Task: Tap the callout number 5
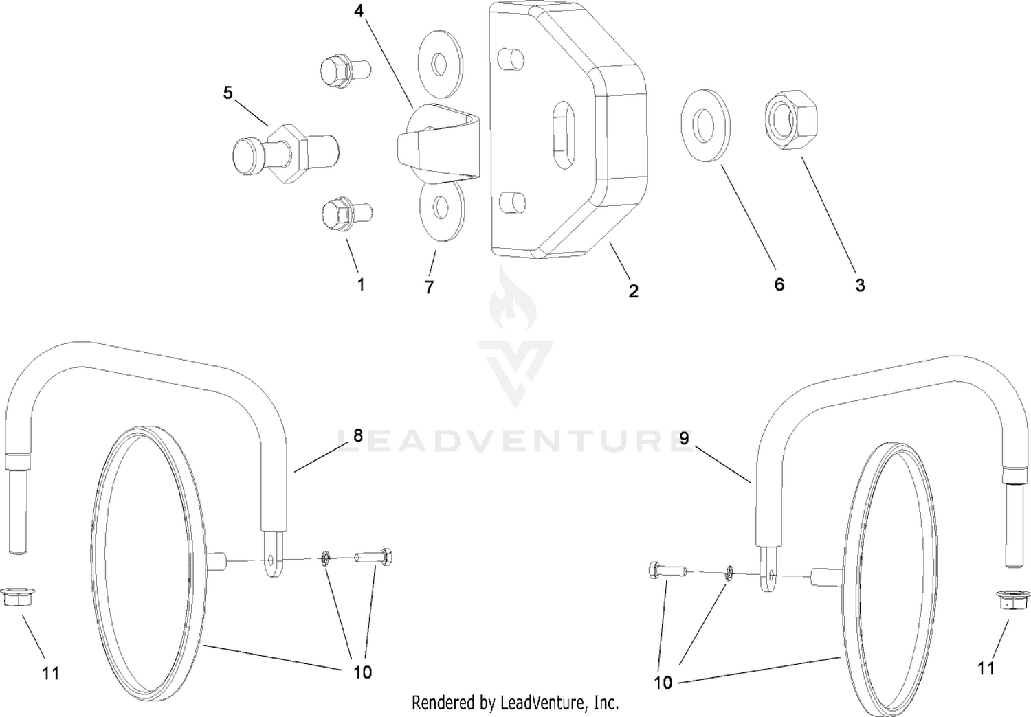point(228,93)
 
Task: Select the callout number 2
point(633,291)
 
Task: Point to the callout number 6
point(779,284)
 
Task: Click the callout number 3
point(861,285)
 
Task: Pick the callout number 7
point(429,287)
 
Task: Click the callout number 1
point(362,284)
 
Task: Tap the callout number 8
point(358,435)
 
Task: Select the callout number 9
point(684,438)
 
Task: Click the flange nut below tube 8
point(15,597)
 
